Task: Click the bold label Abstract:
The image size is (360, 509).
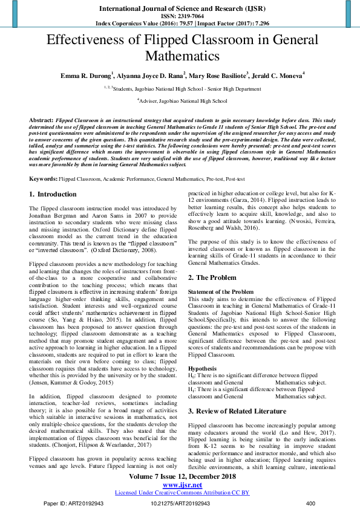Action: point(41,121)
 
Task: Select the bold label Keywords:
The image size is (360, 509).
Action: point(43,180)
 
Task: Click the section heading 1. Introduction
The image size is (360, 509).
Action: point(53,195)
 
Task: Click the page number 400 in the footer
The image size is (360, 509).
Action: point(311,503)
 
